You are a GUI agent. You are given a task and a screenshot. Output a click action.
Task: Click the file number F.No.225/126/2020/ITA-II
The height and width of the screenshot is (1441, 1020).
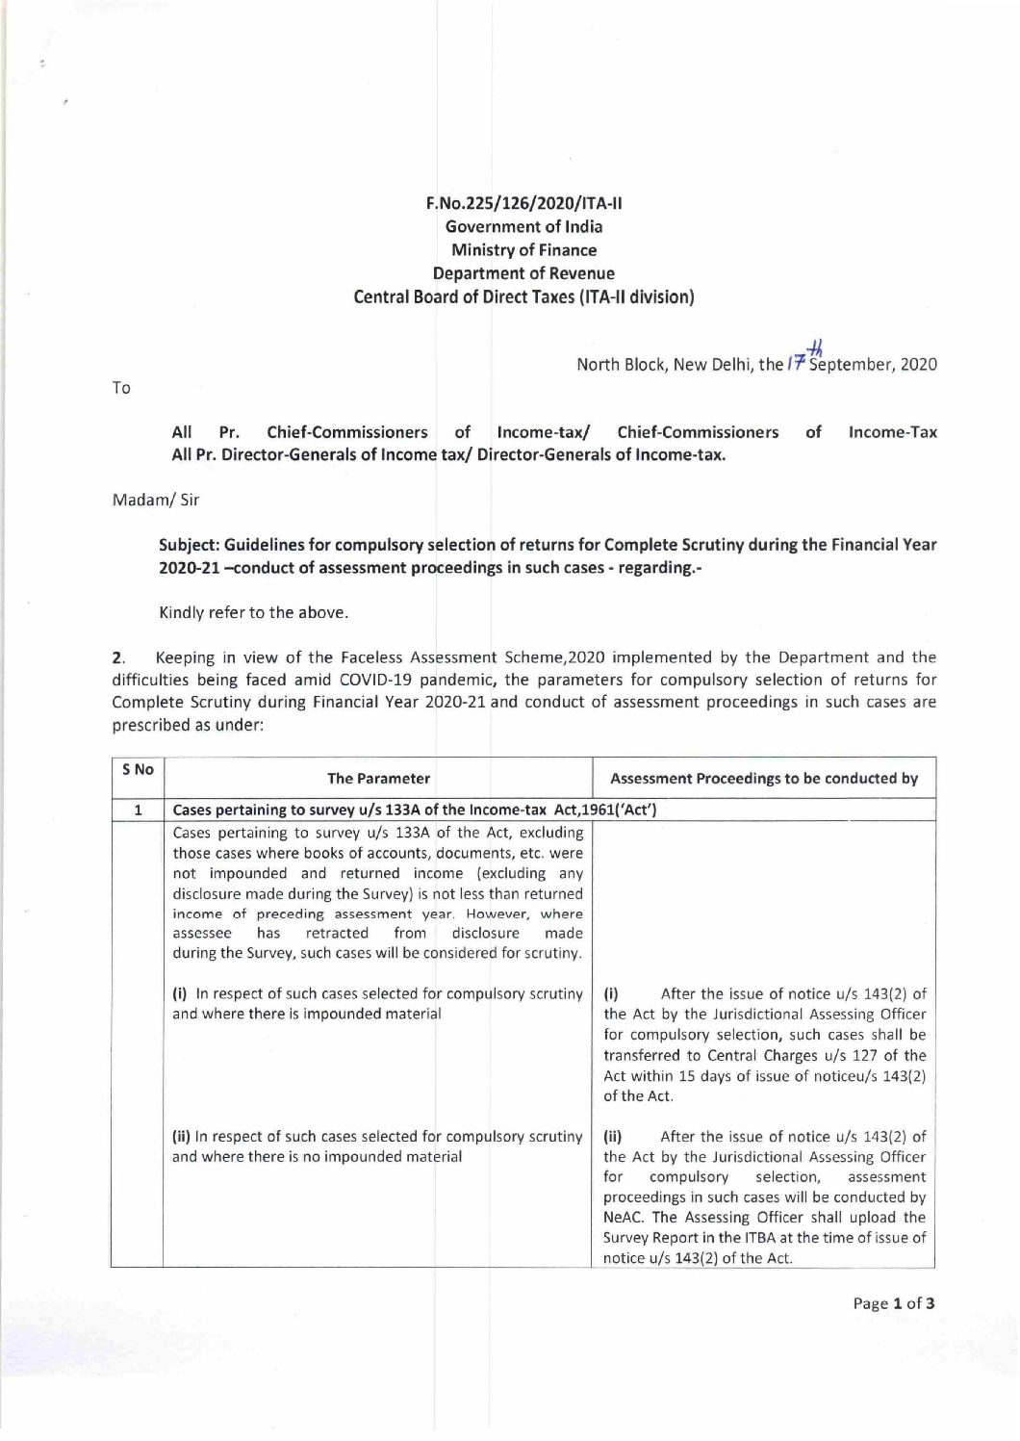click(x=523, y=203)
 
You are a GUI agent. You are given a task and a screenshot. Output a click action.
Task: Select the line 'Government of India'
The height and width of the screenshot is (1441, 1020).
click(x=523, y=227)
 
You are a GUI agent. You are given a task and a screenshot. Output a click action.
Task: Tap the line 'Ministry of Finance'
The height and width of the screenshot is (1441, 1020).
click(x=523, y=250)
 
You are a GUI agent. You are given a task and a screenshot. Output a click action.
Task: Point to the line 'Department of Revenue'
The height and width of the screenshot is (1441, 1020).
click(x=523, y=273)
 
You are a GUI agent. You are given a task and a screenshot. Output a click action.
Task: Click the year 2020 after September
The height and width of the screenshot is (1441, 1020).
click(x=919, y=366)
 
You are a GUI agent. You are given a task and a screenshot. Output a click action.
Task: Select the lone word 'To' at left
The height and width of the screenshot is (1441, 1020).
click(x=121, y=388)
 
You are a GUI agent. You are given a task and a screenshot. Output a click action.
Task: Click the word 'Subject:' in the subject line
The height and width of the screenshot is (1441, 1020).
click(x=188, y=545)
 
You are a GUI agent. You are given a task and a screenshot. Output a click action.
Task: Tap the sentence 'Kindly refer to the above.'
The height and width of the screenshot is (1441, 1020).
click(x=253, y=613)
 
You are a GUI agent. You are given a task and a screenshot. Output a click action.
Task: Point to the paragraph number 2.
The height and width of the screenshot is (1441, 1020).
click(x=117, y=658)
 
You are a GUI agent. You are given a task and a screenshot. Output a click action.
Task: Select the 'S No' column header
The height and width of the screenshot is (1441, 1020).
click(x=138, y=770)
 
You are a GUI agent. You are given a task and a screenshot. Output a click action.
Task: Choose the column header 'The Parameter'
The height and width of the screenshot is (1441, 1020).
click(x=378, y=779)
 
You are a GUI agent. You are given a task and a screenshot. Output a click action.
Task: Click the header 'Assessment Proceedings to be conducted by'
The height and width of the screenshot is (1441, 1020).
click(x=764, y=779)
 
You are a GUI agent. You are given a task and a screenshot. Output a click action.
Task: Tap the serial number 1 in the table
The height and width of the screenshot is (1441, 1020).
click(x=138, y=811)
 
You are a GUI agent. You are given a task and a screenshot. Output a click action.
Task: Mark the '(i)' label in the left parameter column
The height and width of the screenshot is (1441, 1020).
click(x=179, y=993)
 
